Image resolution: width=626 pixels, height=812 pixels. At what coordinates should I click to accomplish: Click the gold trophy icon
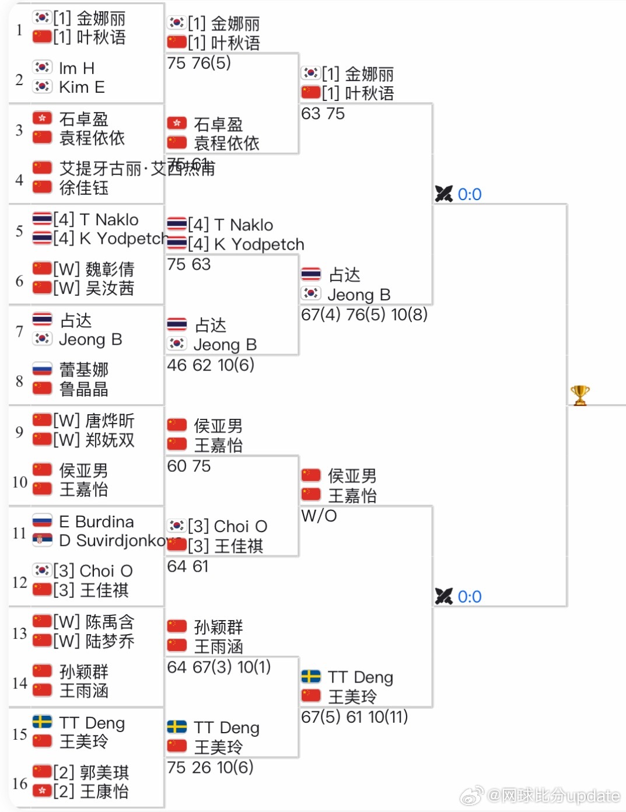580,395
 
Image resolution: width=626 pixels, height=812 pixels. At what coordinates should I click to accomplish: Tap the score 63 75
323,114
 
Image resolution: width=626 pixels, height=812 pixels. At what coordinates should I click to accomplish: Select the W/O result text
319,516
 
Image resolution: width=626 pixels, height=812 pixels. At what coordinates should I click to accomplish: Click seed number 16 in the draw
20,783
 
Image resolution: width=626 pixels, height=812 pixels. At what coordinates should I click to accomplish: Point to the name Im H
76,68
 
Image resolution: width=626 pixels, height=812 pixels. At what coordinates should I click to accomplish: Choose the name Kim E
82,87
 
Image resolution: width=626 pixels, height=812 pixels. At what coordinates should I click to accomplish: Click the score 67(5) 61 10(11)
354,717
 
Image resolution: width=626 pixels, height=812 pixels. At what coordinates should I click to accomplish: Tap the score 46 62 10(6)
211,365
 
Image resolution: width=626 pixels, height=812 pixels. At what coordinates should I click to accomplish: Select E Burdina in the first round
96,521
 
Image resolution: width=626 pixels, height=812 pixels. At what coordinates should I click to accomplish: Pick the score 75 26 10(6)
210,767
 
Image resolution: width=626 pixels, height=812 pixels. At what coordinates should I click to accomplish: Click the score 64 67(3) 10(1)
219,667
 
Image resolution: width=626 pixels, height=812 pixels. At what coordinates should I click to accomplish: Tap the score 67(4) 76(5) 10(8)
364,314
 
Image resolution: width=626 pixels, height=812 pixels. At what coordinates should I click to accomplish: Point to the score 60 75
188,466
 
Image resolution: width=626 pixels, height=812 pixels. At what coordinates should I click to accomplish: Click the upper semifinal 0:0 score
469,194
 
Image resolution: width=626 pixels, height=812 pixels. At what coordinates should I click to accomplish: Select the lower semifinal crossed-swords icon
443,596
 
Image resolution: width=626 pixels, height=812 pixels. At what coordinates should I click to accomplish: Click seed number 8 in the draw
20,381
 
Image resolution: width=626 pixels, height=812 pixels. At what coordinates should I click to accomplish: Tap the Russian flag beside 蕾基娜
42,369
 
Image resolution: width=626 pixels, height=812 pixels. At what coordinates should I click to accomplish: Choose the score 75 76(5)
198,63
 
